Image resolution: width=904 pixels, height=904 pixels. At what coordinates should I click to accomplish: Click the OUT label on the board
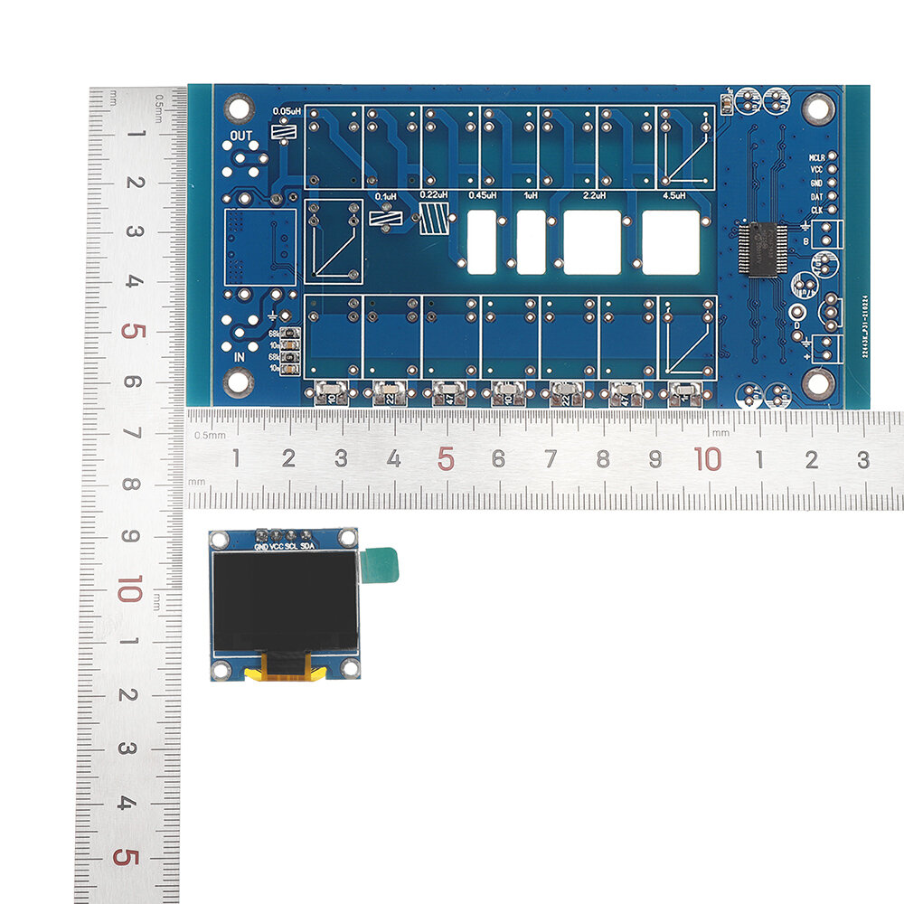point(240,136)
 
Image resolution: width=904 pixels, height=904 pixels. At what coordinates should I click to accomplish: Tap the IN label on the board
point(240,356)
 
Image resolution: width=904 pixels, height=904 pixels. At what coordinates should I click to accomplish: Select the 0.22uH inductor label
point(435,194)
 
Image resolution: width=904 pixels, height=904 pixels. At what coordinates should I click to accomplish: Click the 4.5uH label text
point(674,194)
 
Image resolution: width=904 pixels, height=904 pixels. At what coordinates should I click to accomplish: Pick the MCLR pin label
point(815,157)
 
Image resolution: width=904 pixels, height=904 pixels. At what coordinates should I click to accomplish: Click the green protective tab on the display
point(379,565)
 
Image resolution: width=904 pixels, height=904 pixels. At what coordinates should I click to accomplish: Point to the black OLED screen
point(284,600)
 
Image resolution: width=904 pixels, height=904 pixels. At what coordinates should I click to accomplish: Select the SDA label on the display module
point(307,548)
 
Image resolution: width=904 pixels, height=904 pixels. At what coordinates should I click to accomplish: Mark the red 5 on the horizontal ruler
point(445,458)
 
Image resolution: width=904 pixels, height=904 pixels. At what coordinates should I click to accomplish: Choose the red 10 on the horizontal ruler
point(708,458)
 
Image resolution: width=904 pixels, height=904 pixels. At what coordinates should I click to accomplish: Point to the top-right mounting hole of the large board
point(818,109)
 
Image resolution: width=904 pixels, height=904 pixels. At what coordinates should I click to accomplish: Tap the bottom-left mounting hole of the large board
point(238,382)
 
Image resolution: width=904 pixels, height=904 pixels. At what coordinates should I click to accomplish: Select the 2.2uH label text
point(595,194)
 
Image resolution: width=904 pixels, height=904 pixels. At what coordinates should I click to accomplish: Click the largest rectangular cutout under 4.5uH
point(671,241)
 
